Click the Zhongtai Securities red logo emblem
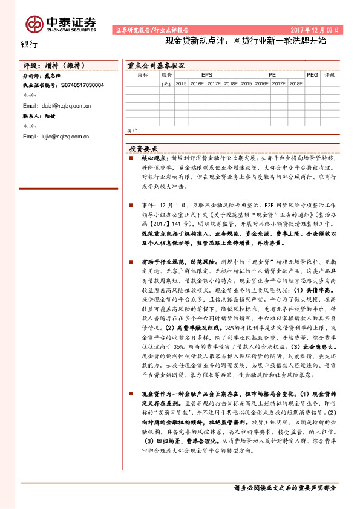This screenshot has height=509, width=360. pyautogui.click(x=33, y=24)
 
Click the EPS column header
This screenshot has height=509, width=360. pyautogui.click(x=207, y=75)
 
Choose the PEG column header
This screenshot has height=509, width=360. pyautogui.click(x=312, y=75)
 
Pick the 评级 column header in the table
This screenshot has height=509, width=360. pyautogui.click(x=329, y=75)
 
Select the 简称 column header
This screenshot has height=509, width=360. pyautogui.click(x=143, y=75)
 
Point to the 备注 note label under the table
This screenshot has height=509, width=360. pyautogui.click(x=133, y=130)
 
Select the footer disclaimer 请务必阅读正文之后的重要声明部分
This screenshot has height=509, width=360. pyautogui.click(x=284, y=487)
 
